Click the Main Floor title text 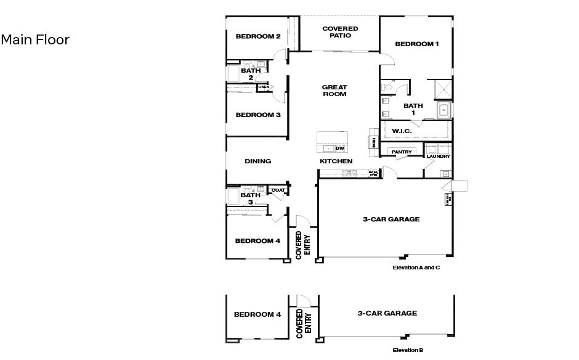[35, 40]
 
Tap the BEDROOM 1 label [417, 44]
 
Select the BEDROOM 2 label [258, 36]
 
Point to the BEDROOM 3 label [258, 115]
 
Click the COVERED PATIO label [340, 32]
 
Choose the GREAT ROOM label [334, 91]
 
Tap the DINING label [258, 162]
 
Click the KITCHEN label [336, 162]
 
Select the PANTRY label [402, 152]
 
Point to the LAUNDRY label [439, 157]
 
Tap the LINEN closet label [264, 88]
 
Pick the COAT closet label [278, 190]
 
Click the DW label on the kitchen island [339, 149]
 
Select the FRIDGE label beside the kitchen [373, 142]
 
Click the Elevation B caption [408, 350]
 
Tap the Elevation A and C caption [416, 268]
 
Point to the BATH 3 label [251, 198]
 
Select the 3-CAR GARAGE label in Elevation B [387, 313]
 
